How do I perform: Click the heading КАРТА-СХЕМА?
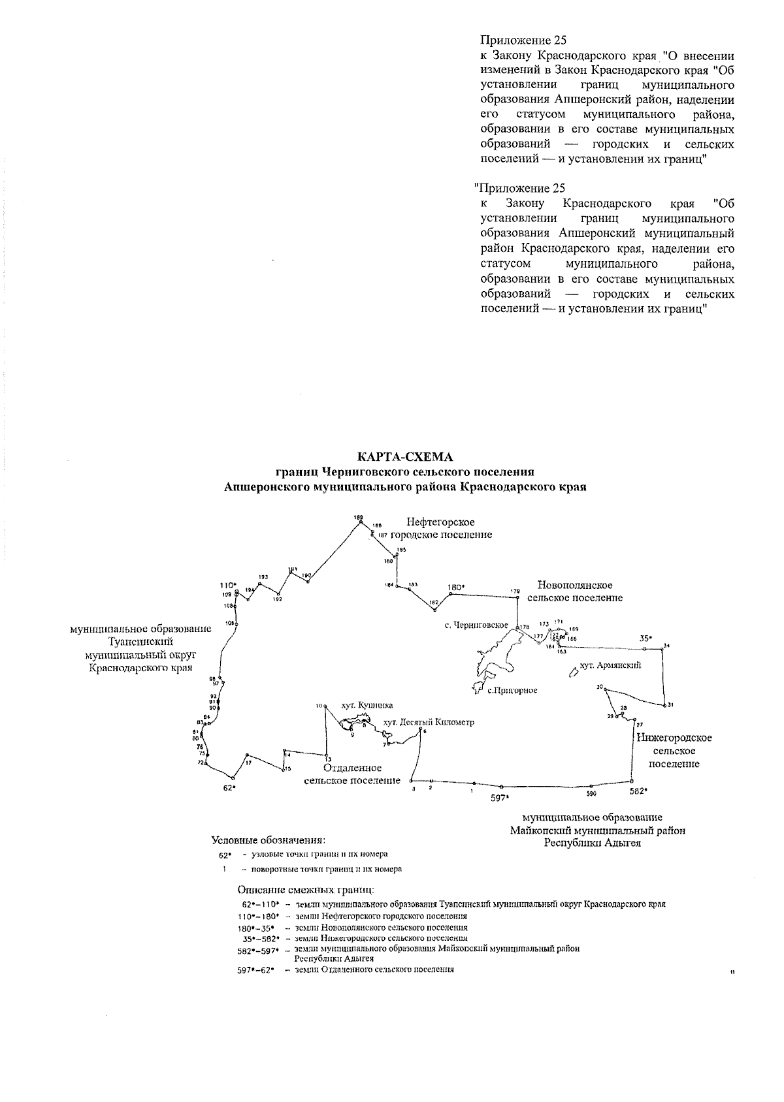404,456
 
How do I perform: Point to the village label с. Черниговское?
476,625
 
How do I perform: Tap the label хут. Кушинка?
367,705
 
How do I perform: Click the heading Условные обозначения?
268,840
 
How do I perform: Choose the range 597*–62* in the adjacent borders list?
255,970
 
